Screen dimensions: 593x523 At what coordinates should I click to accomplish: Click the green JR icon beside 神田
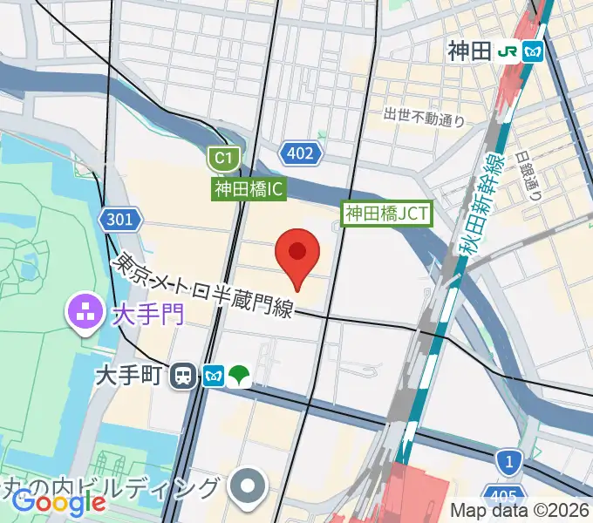click(x=507, y=52)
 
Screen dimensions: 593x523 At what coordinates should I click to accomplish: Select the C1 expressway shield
click(x=224, y=159)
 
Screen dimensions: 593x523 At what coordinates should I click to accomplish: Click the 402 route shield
click(x=301, y=154)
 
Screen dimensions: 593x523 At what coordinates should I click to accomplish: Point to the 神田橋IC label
click(x=249, y=188)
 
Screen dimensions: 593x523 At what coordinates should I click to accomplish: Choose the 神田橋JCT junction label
click(x=387, y=212)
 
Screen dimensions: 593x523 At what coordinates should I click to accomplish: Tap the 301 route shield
click(x=119, y=220)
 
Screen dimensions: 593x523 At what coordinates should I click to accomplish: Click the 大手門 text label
click(x=148, y=313)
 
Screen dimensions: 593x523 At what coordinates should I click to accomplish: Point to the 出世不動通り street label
click(x=425, y=115)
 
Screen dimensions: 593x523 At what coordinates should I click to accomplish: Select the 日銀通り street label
click(x=528, y=176)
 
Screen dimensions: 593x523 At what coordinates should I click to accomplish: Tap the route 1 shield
click(x=507, y=459)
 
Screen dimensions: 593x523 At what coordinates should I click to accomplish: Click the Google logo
click(x=58, y=502)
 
